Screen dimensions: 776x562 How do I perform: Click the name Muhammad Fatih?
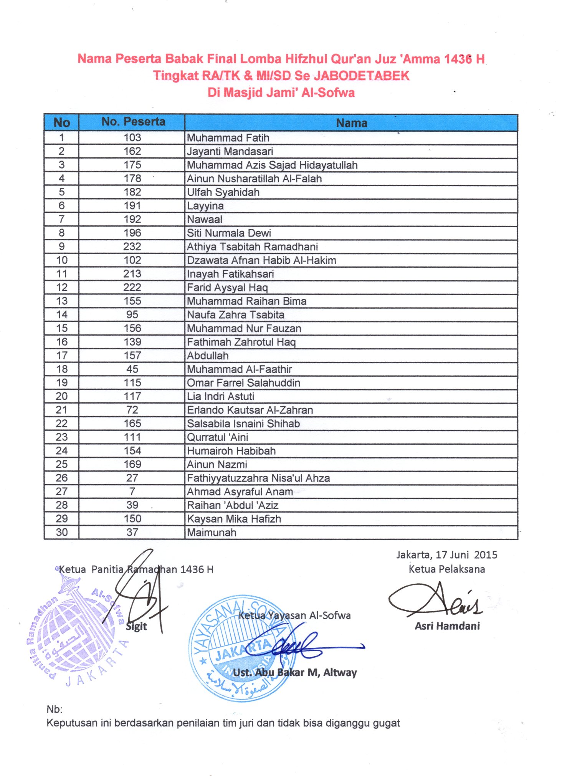pos(228,138)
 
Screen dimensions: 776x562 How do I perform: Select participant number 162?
pos(132,151)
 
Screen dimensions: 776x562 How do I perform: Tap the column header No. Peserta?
pos(133,122)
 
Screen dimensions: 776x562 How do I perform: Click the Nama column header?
pos(351,123)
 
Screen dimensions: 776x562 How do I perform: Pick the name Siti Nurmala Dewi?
pos(229,233)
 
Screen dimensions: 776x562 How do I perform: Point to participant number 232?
pos(132,247)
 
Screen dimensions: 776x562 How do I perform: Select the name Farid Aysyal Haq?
pos(227,288)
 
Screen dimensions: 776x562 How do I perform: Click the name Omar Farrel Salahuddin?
pos(243,383)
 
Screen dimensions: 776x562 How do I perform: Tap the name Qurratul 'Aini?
pos(217,437)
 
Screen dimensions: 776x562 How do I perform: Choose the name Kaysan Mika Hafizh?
pos(234,519)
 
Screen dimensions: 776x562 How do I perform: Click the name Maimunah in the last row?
pos(212,533)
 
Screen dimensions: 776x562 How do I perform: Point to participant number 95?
pos(132,315)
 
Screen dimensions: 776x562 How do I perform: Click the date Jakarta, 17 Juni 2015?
pos(446,555)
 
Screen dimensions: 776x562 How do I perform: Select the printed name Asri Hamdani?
pos(447,626)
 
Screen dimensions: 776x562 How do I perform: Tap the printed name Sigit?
pos(137,626)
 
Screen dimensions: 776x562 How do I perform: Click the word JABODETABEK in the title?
pos(362,76)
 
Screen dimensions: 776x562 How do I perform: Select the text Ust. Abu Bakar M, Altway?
pos(295,672)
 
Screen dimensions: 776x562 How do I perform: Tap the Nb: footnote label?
pos(54,709)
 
